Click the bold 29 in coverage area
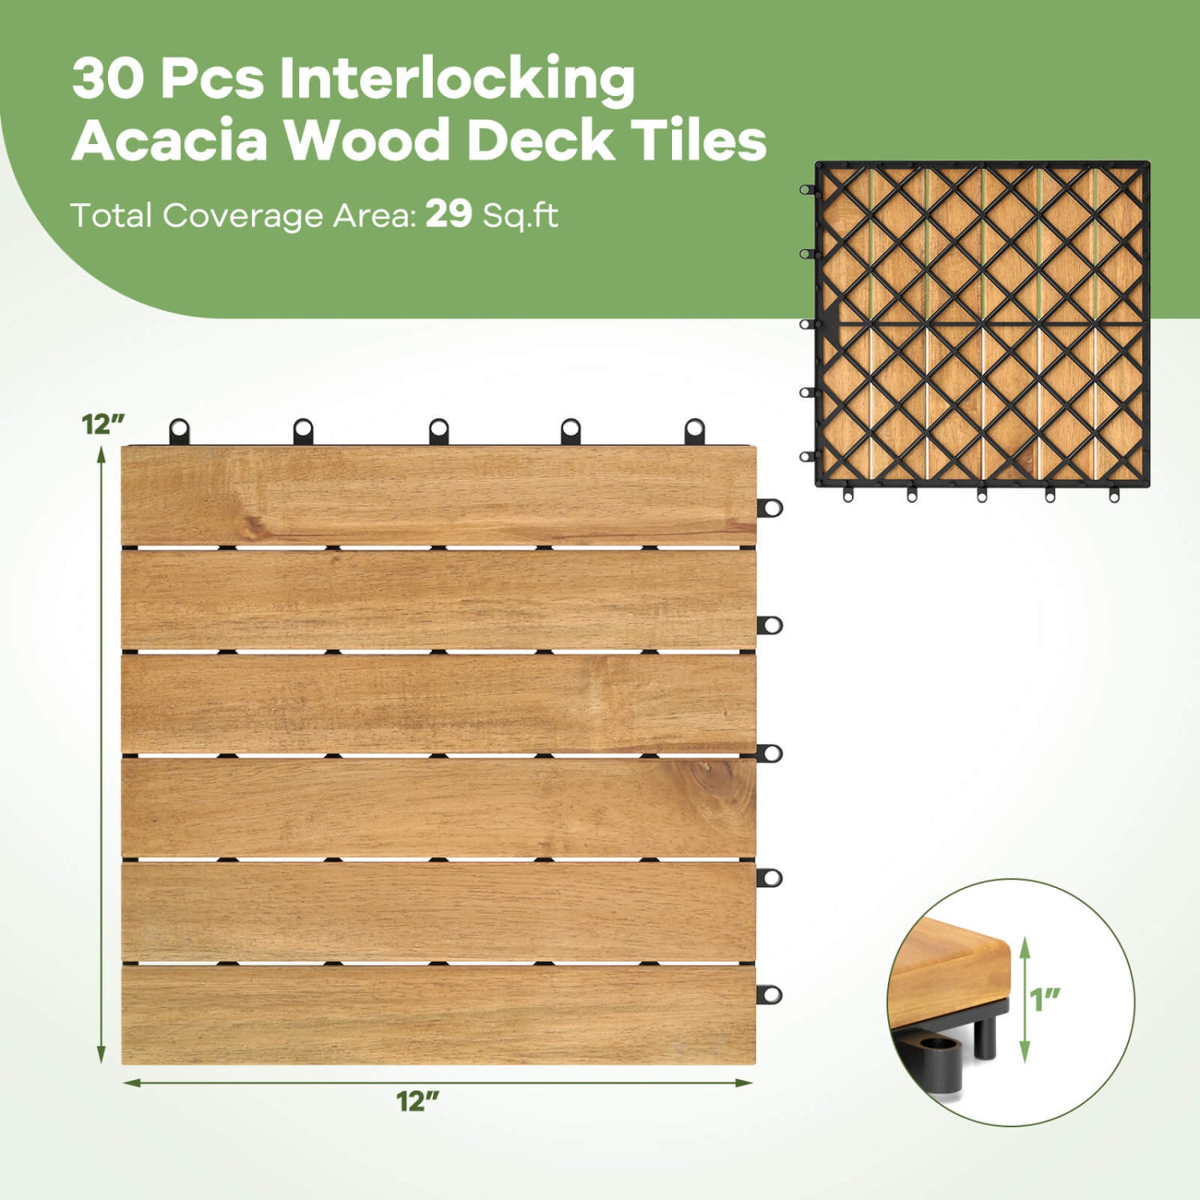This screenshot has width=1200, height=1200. point(448,214)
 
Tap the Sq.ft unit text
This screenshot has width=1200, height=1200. point(520,215)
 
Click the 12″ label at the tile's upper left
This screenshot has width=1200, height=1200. point(103,424)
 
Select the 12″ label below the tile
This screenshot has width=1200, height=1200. point(418,1101)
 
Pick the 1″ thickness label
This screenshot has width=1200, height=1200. point(1044,999)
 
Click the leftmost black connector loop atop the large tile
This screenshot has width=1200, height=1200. point(179,430)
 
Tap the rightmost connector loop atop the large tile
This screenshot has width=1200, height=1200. point(694,430)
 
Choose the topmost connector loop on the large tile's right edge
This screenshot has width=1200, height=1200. point(770,507)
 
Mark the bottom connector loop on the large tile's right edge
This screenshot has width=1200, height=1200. point(770,994)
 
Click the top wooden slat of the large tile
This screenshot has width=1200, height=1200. point(438,496)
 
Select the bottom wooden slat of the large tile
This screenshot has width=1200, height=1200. point(438,1014)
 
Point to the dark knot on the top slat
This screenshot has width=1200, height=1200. point(254,526)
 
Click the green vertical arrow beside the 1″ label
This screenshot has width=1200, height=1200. point(1025,1000)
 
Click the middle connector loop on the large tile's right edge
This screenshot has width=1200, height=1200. point(770,753)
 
